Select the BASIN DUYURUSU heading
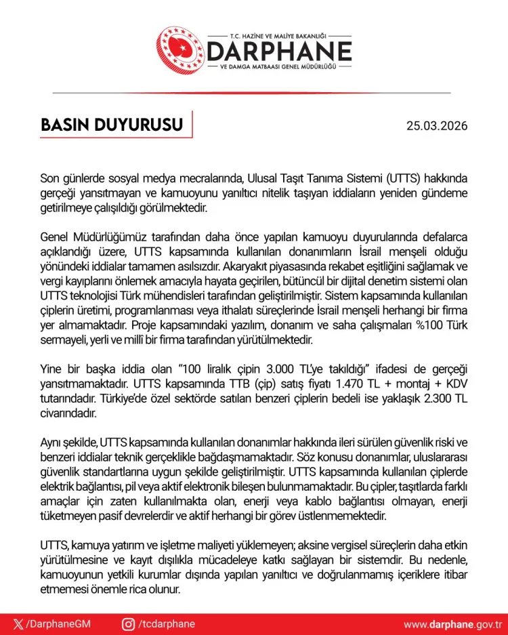click(112, 126)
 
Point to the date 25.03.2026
click(437, 127)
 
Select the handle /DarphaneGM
click(58, 624)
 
